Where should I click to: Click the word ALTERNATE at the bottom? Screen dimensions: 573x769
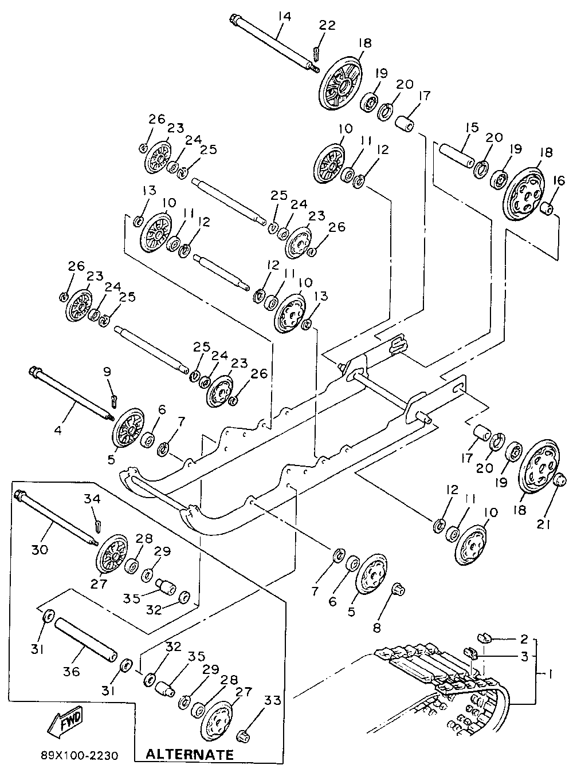[x=189, y=753]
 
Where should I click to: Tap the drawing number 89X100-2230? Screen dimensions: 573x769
[x=80, y=754]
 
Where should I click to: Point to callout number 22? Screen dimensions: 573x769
[x=327, y=26]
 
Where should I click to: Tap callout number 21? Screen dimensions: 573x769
[x=543, y=525]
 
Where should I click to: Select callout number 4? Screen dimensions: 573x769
[x=58, y=431]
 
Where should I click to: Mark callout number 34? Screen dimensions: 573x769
[x=92, y=499]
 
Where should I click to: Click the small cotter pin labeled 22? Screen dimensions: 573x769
[x=315, y=53]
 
